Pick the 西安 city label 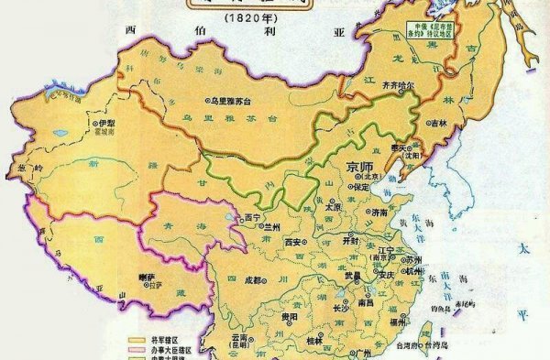(x=293, y=243)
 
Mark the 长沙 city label (x=340, y=308)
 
